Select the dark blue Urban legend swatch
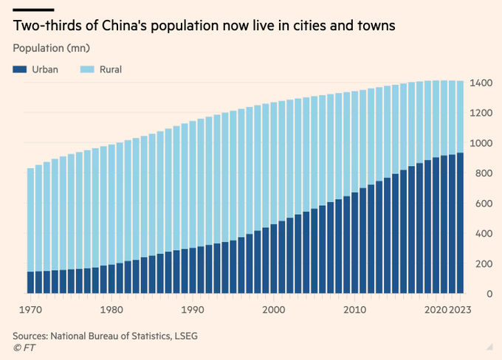(19, 69)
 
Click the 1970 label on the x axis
(30, 310)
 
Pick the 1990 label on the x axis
(193, 310)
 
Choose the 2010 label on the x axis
(355, 310)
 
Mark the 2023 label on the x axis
(460, 310)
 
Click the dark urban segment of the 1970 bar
(30, 283)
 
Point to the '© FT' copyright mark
(24, 347)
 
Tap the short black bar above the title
(33, 9)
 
